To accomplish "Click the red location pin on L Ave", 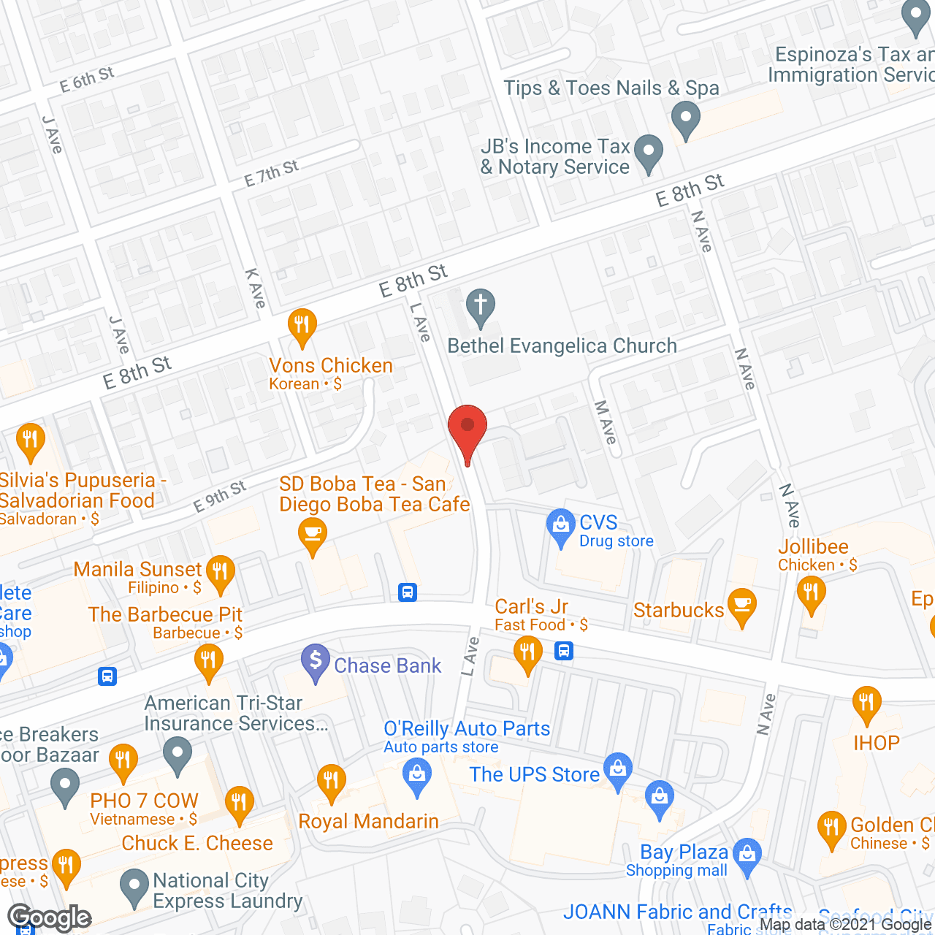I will (x=467, y=428).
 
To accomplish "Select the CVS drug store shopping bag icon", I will (x=560, y=526).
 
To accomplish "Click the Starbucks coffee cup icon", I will (x=742, y=606).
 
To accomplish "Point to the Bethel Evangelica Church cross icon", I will (x=481, y=306).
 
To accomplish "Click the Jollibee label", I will (x=813, y=546).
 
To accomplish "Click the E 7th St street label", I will (x=271, y=173).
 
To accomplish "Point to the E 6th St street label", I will (x=87, y=79).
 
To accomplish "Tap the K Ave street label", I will (x=255, y=288).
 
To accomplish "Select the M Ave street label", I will (x=606, y=421).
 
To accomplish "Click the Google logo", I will (x=49, y=917).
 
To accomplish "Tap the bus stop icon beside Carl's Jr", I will (x=563, y=650).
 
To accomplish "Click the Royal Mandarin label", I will (x=368, y=821).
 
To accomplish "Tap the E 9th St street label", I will (x=219, y=497).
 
